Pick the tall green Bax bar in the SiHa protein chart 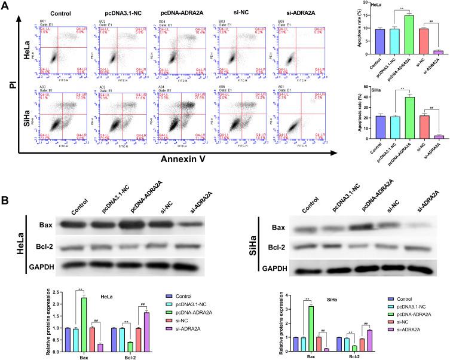point(310,322)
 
